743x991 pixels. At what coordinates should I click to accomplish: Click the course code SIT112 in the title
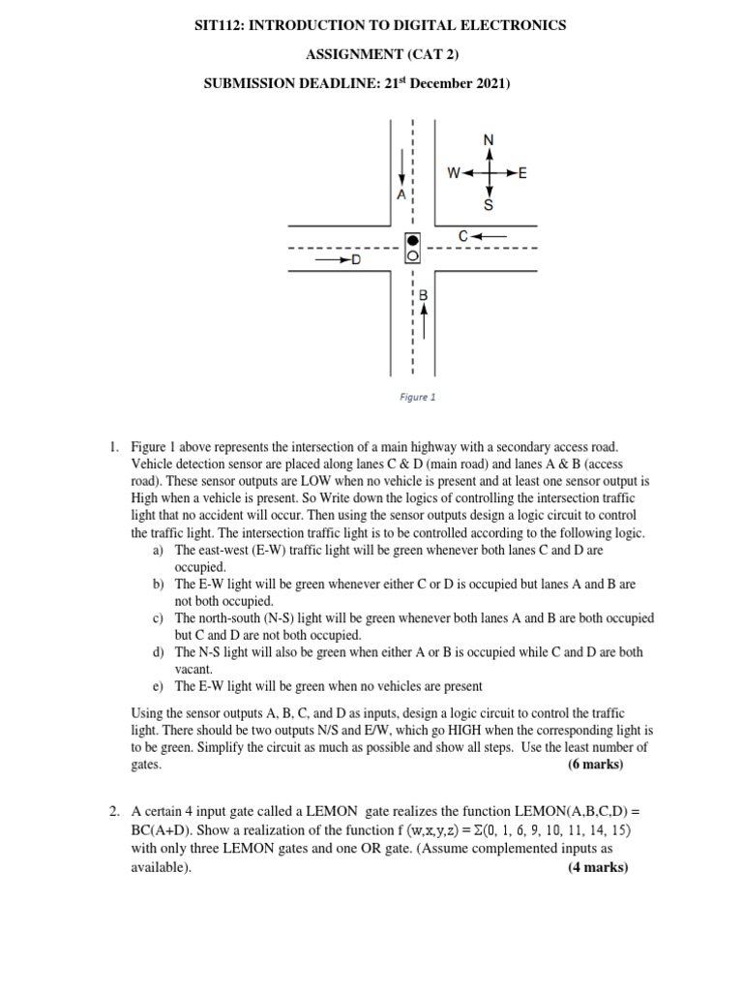(x=222, y=25)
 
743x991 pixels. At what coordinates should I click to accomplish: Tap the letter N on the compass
(x=489, y=139)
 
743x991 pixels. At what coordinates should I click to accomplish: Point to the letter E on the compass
(x=522, y=174)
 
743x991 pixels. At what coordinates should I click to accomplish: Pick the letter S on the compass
(x=489, y=206)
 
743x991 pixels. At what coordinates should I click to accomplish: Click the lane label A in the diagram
(x=401, y=195)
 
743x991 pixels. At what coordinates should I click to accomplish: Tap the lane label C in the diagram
(x=464, y=235)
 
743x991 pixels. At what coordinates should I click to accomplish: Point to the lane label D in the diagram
(x=355, y=260)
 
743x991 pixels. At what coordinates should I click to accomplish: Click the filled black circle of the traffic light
(x=413, y=240)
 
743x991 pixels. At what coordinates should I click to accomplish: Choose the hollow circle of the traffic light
(x=413, y=256)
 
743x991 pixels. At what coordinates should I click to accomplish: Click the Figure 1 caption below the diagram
(x=419, y=397)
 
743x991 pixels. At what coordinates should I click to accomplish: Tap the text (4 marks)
(x=597, y=867)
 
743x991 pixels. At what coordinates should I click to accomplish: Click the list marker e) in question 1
(x=158, y=686)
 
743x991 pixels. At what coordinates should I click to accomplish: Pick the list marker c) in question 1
(x=158, y=617)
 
